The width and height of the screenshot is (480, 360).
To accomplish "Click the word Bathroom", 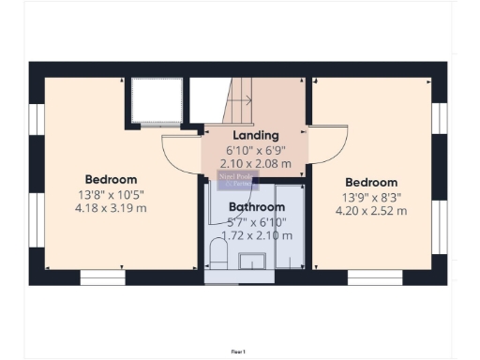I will pyautogui.click(x=257, y=206).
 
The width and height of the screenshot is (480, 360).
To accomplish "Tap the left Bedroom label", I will pyautogui.click(x=112, y=179).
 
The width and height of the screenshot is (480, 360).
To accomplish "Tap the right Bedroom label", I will pyautogui.click(x=371, y=182).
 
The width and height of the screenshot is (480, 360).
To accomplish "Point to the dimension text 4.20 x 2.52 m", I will pyautogui.click(x=374, y=211).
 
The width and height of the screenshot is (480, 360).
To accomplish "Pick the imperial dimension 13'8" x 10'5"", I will pyautogui.click(x=112, y=194).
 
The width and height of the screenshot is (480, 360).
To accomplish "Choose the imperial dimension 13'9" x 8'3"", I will pyautogui.click(x=373, y=197).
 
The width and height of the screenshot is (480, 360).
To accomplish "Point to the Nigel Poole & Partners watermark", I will pyautogui.click(x=233, y=179).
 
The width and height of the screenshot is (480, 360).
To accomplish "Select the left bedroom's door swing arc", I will pyautogui.click(x=179, y=152).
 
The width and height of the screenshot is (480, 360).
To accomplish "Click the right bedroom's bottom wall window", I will pyautogui.click(x=370, y=277).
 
